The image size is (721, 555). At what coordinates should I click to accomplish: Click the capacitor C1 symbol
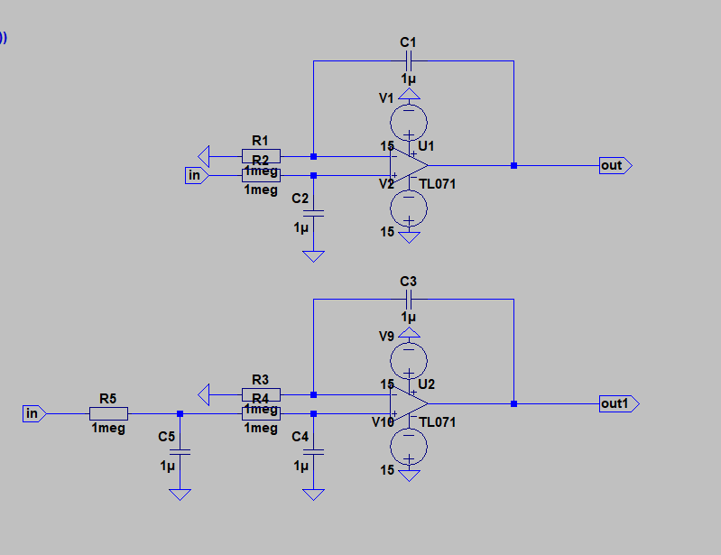[409, 61]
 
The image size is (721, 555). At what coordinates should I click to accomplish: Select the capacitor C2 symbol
[313, 212]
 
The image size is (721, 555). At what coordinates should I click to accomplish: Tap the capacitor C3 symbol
[409, 299]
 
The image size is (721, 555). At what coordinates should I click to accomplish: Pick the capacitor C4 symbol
[313, 450]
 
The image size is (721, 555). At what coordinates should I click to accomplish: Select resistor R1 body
[261, 155]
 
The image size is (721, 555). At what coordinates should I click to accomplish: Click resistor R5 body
[108, 414]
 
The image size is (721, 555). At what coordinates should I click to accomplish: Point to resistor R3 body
[261, 394]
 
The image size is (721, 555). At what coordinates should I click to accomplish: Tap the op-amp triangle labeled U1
[408, 165]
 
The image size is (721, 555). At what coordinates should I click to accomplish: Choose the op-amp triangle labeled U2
[408, 403]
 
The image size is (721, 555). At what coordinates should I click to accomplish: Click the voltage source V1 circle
[409, 120]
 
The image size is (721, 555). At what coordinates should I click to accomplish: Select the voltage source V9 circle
[409, 359]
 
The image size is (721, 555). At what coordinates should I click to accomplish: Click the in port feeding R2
[195, 176]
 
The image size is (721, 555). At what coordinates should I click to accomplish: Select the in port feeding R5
[32, 414]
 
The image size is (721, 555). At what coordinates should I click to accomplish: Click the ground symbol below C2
[313, 256]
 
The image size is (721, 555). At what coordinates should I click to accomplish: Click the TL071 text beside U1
[438, 184]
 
